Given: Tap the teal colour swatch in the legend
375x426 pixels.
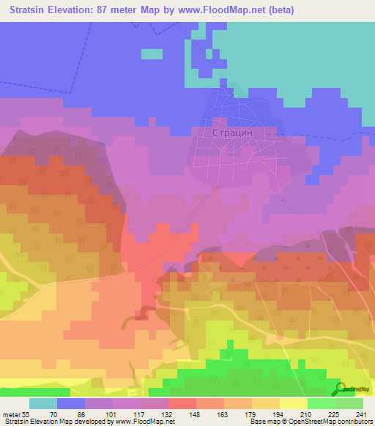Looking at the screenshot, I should point(43,403).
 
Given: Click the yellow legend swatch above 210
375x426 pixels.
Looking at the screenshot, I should point(294,403).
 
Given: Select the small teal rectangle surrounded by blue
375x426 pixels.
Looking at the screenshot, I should point(152,53).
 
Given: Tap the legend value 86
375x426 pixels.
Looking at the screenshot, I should point(71,414).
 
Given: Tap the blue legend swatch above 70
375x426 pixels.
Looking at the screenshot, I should point(71,403).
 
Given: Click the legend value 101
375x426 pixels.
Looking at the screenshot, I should point(99,414).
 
